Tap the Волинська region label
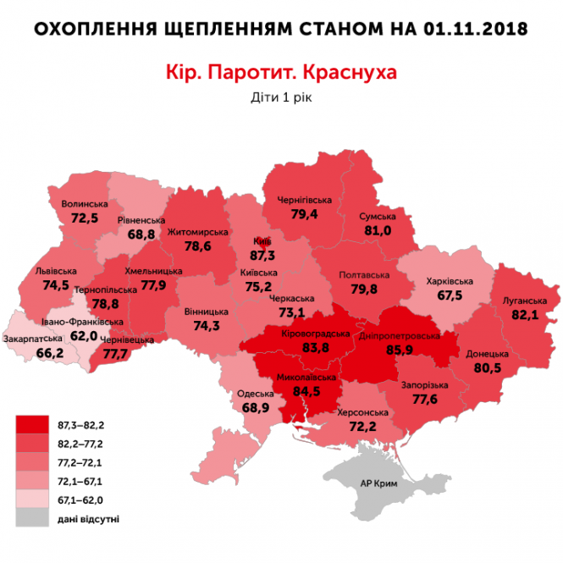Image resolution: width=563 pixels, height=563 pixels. coord(85,204)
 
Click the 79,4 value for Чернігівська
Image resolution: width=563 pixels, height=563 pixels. coord(303,214)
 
